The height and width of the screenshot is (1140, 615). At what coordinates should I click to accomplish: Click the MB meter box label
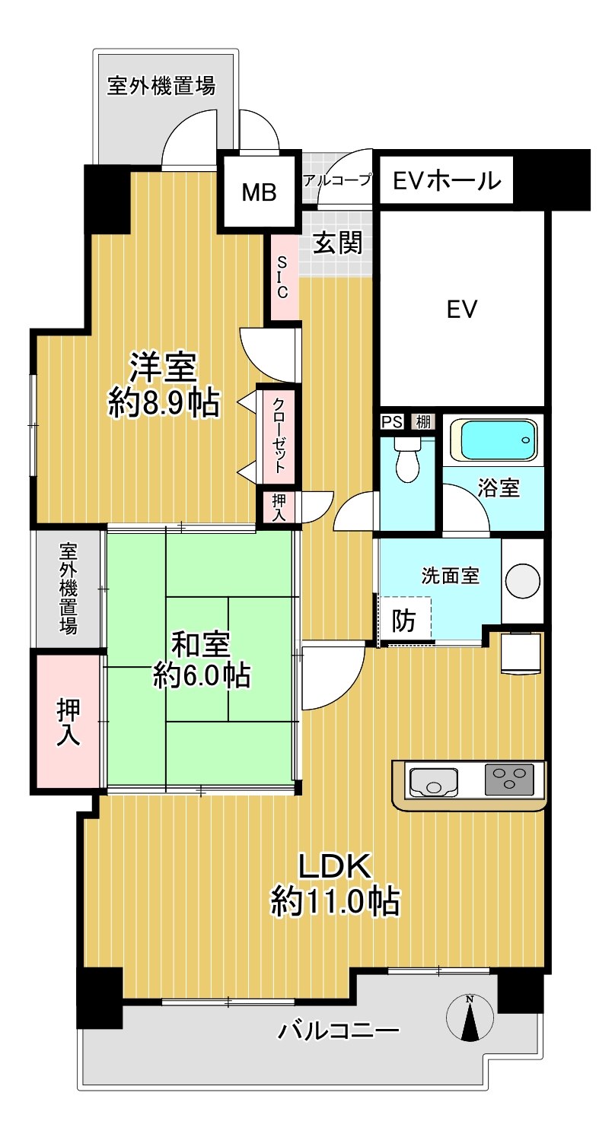[258, 193]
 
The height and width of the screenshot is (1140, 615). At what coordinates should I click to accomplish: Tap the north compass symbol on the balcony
[470, 1018]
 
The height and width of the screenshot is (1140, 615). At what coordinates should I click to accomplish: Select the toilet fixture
[407, 459]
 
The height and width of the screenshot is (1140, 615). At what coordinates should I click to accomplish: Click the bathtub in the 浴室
[493, 439]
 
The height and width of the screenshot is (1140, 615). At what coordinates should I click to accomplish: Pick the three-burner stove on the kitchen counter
[508, 780]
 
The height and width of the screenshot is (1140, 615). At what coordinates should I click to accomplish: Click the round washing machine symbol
[522, 581]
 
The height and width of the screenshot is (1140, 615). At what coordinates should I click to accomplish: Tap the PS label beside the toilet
[392, 422]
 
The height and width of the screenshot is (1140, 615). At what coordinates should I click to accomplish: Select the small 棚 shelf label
[423, 421]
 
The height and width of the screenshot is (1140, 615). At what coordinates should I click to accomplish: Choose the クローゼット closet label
[279, 436]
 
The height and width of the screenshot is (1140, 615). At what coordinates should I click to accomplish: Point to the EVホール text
[446, 180]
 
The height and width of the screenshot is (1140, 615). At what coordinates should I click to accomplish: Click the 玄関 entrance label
[337, 243]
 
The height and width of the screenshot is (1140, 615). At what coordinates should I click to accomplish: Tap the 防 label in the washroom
[403, 621]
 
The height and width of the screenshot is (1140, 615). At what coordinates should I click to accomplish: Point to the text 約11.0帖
[335, 901]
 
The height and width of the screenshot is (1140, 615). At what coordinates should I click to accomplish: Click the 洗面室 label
[450, 575]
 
